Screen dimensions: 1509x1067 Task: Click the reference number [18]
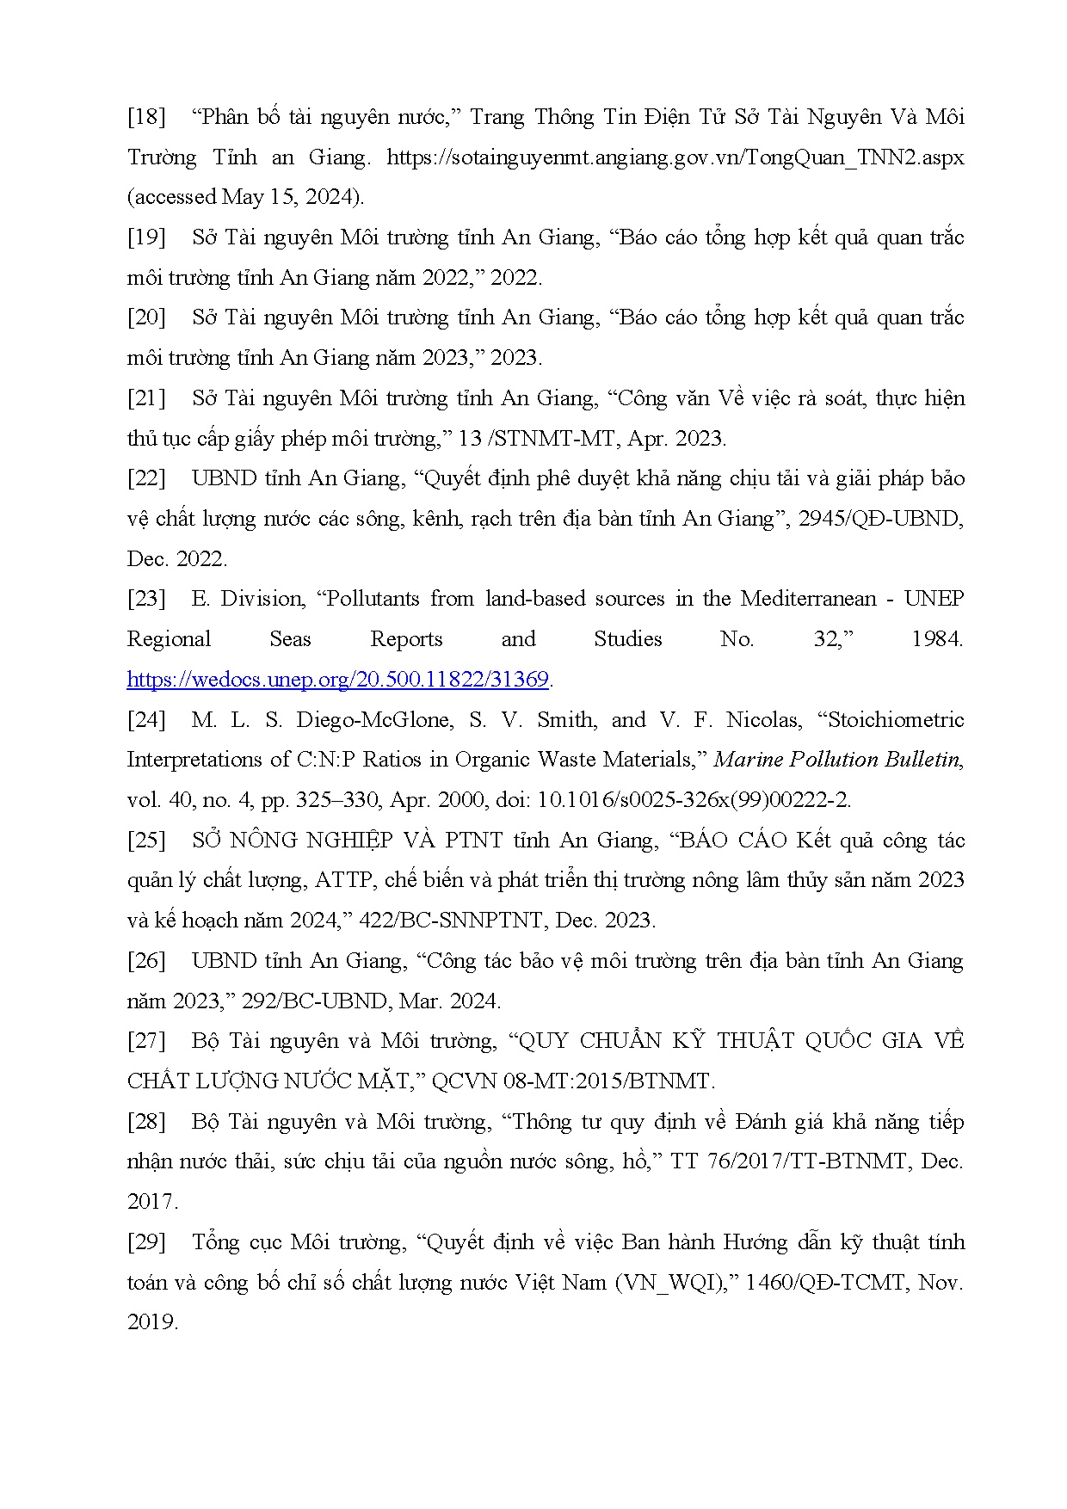[146, 117]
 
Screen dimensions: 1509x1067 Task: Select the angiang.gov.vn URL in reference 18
[675, 157]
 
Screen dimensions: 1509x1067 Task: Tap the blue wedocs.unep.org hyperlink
[337, 680]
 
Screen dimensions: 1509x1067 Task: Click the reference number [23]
[146, 599]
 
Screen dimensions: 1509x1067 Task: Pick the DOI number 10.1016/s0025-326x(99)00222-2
[694, 800]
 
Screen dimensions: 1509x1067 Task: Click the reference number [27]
[146, 1041]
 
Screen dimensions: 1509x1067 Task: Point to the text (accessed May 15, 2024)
[245, 197]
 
